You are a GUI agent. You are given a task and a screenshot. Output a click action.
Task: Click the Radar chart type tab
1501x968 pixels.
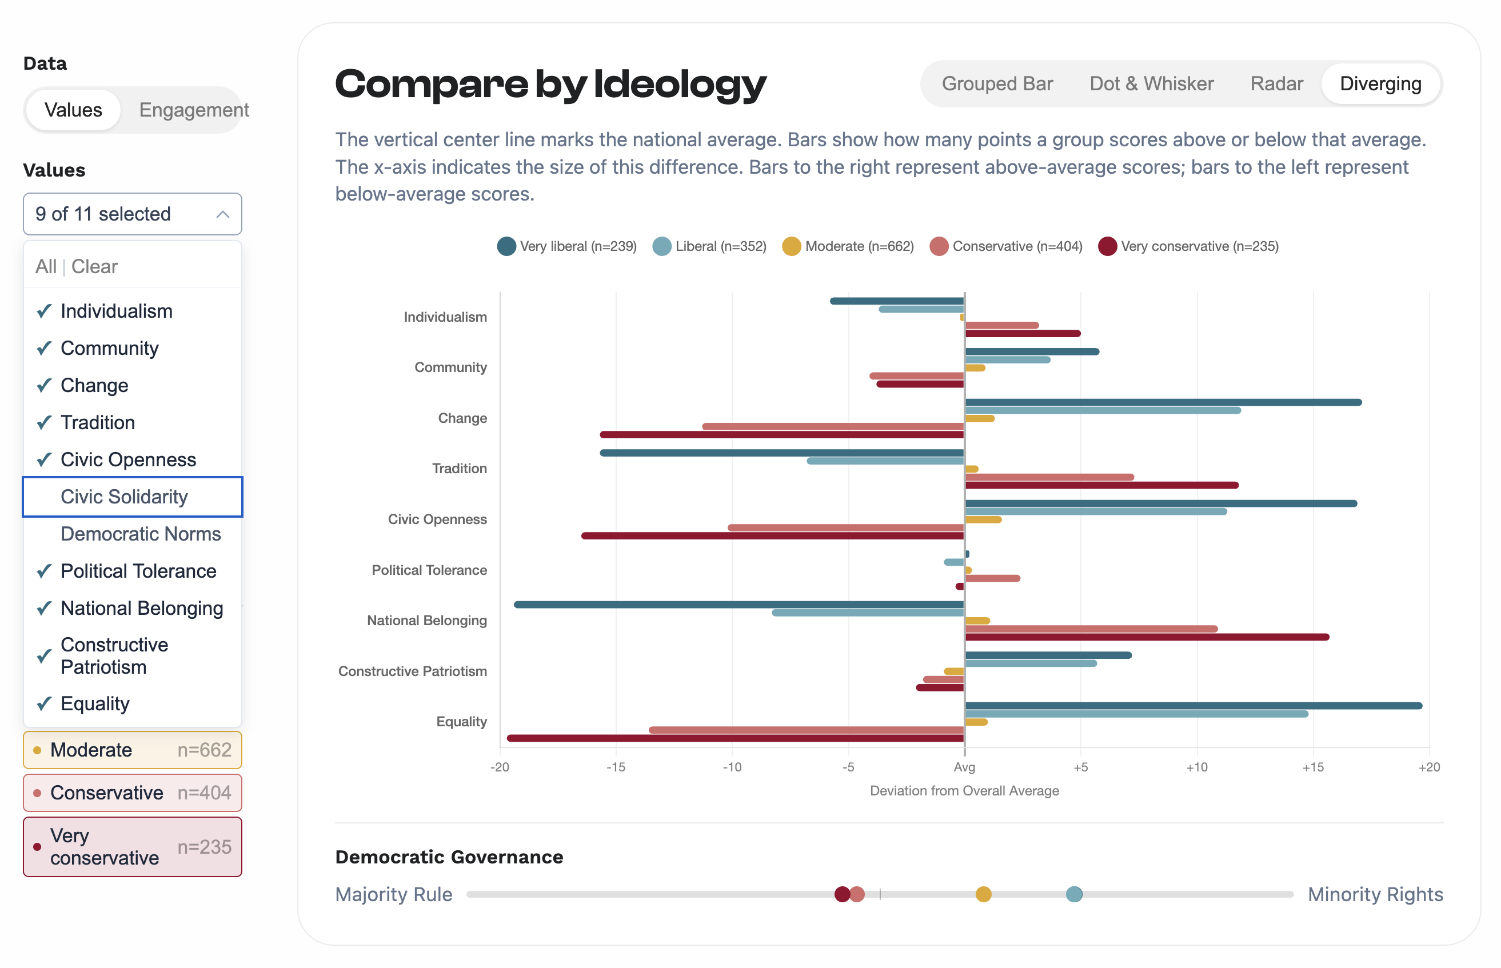click(1276, 83)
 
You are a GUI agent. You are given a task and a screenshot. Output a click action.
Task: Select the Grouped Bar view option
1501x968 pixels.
click(997, 83)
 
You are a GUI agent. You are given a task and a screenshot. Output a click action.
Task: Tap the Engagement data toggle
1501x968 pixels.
click(194, 110)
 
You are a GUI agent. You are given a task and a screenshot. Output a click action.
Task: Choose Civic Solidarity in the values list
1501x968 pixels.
click(124, 497)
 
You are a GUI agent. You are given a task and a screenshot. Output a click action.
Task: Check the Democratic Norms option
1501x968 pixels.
click(140, 534)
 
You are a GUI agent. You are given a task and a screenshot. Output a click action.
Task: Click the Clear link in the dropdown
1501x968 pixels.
click(94, 266)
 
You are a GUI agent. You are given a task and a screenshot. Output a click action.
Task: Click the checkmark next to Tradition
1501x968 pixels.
click(44, 422)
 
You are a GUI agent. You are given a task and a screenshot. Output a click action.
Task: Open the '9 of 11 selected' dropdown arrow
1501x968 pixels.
click(222, 214)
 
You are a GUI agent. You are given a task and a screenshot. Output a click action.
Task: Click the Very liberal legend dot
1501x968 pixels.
click(506, 246)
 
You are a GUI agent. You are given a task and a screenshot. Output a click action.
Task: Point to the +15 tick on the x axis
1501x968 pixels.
click(1312, 767)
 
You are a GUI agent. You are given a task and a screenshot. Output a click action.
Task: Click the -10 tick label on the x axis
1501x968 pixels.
click(732, 767)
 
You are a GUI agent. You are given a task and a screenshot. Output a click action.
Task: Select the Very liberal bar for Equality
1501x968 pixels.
click(1193, 706)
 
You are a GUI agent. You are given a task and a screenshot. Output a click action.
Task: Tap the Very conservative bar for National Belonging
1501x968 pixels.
click(1147, 637)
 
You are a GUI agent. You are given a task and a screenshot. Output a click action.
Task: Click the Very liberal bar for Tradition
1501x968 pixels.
click(782, 453)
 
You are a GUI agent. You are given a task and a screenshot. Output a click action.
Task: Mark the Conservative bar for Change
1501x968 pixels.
click(833, 426)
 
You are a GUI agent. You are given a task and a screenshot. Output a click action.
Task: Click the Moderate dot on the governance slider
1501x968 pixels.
click(983, 894)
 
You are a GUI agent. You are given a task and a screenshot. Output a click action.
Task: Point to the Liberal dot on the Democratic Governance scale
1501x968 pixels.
click(1074, 894)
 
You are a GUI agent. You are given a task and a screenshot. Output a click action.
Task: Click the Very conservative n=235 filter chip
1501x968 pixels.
click(133, 846)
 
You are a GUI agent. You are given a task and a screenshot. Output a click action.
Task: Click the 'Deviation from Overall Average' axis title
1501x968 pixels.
click(964, 791)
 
